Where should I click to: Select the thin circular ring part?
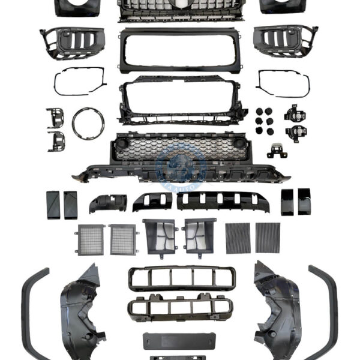[x=88, y=123]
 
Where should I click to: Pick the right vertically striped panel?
[x=268, y=238]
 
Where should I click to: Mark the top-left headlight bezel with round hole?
[x=77, y=7]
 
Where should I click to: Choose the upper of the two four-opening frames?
[x=182, y=278]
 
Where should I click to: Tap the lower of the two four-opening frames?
[x=180, y=307]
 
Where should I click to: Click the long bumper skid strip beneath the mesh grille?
[x=180, y=174]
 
